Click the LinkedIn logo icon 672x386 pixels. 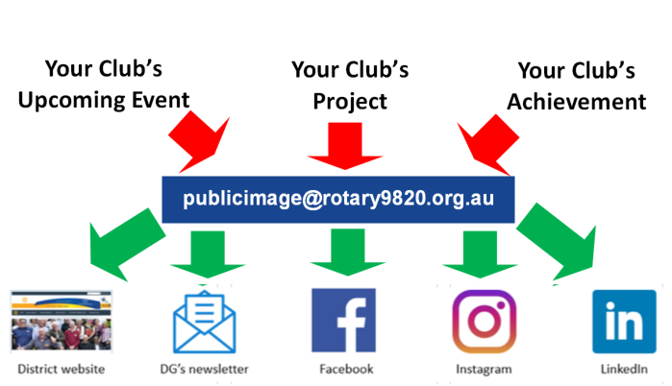[x=623, y=323]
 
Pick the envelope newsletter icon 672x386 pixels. [x=204, y=322]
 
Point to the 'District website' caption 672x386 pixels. [x=61, y=369]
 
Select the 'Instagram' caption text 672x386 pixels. [x=483, y=369]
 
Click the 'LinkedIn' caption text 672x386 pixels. [x=623, y=369]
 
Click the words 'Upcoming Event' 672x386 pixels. [x=117, y=99]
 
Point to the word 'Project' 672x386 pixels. [x=350, y=101]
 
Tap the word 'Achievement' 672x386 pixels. [x=577, y=101]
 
